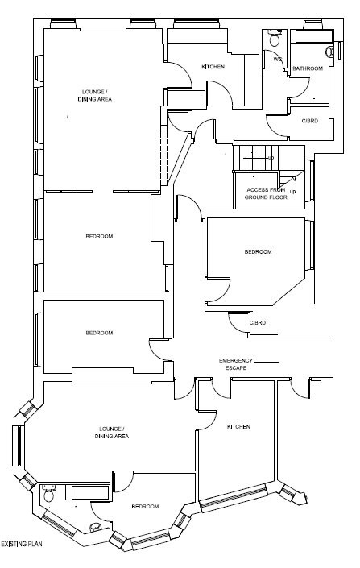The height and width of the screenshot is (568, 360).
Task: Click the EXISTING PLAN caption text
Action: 22,544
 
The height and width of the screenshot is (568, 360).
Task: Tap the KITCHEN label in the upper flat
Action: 213,67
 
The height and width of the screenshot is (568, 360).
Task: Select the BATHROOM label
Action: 308,68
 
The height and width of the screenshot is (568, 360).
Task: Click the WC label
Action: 278,59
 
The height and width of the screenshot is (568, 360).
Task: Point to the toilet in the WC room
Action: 274,37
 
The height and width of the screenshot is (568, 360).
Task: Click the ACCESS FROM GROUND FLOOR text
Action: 266,193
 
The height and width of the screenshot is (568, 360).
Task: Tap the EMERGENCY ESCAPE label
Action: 236,364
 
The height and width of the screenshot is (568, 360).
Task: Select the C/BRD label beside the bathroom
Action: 309,121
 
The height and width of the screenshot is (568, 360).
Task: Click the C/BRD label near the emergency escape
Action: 258,322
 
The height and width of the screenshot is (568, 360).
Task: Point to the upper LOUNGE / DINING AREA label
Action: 95,95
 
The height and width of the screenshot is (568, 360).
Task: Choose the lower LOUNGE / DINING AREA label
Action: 112,433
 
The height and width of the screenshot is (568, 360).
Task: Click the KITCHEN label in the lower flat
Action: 238,426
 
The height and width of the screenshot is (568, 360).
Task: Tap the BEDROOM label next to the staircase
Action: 258,251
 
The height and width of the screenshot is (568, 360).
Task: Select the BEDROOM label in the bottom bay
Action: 145,506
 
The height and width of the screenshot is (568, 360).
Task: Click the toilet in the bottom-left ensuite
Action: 48,493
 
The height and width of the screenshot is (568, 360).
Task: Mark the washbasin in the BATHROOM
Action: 329,52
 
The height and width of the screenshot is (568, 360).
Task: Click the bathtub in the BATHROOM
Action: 313,36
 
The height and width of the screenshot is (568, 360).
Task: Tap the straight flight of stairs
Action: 255,158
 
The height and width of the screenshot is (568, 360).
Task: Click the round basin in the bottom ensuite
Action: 95,527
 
